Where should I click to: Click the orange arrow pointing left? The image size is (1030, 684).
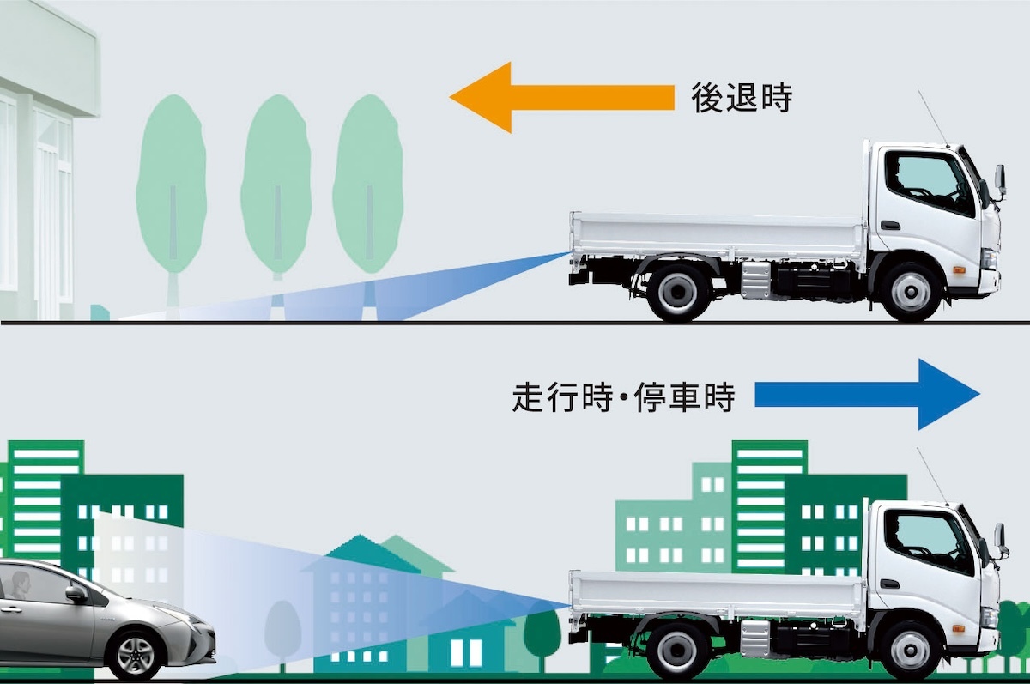click(x=562, y=98)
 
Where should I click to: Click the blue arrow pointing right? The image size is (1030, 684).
click(x=867, y=395)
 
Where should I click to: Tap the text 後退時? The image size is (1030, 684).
click(x=742, y=98)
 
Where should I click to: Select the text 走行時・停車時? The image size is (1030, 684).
click(x=623, y=397)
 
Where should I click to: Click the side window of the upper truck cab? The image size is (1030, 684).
click(x=929, y=182)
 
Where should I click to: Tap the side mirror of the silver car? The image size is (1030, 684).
click(x=76, y=593)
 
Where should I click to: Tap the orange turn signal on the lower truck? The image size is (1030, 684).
click(x=959, y=628)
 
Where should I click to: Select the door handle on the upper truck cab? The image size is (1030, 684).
click(x=891, y=226)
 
